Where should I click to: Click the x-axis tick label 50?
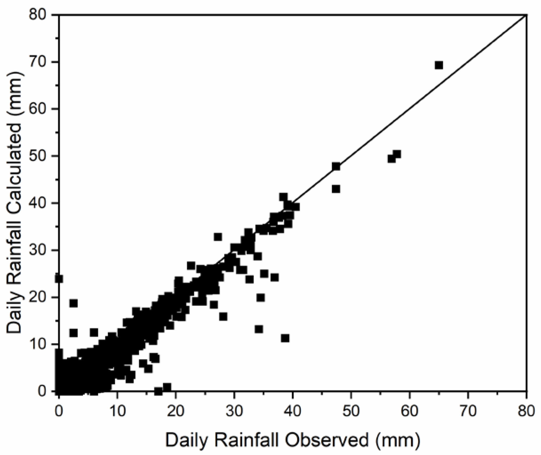point(351,410)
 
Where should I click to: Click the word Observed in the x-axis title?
point(326,440)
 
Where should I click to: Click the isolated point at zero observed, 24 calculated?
point(59,279)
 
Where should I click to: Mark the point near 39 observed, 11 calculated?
point(285,338)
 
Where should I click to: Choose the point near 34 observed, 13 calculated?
point(259,329)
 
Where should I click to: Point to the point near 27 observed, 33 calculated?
point(218,237)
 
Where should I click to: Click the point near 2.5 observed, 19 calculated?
point(74,303)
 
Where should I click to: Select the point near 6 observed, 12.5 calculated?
point(94,333)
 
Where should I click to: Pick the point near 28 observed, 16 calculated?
point(223,317)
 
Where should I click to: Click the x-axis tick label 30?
point(234,410)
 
